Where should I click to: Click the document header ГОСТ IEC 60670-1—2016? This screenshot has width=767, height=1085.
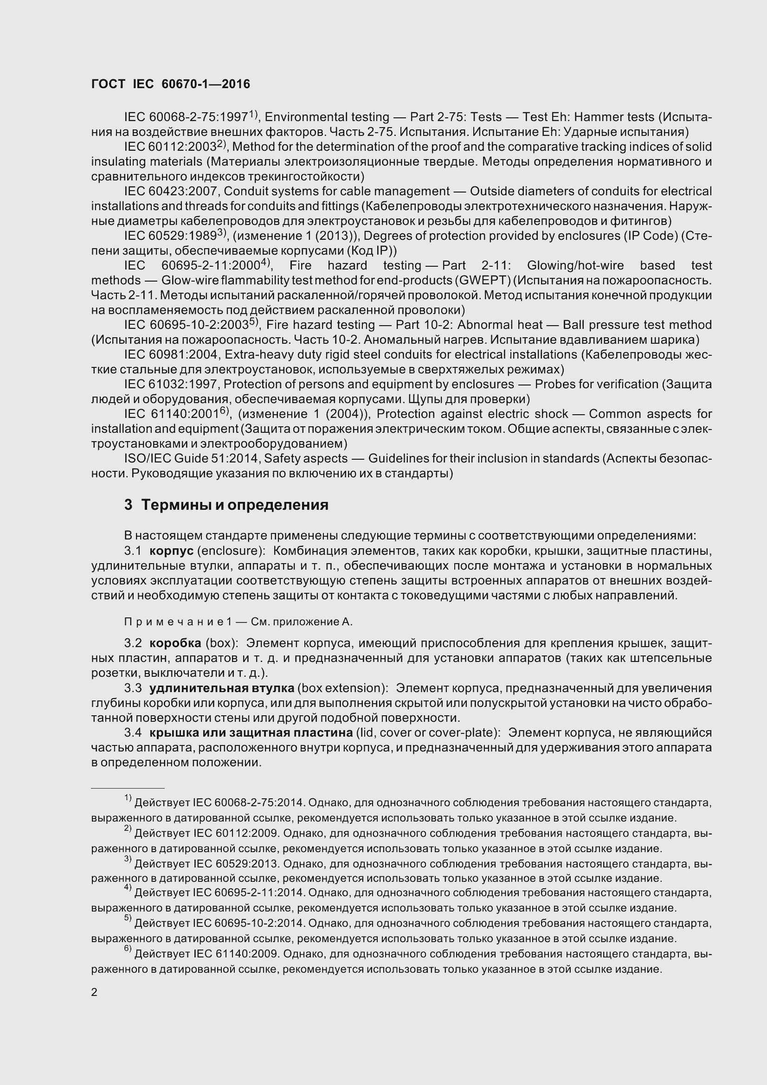[171, 84]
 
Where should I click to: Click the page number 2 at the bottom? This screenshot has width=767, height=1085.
[94, 992]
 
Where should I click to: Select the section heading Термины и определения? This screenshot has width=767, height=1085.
[235, 505]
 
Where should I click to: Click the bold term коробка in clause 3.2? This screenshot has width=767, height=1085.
[175, 643]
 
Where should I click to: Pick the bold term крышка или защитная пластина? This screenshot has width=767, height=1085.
[251, 733]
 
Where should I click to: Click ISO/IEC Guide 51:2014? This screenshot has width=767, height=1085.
[191, 458]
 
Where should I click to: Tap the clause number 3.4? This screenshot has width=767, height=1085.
[133, 733]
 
